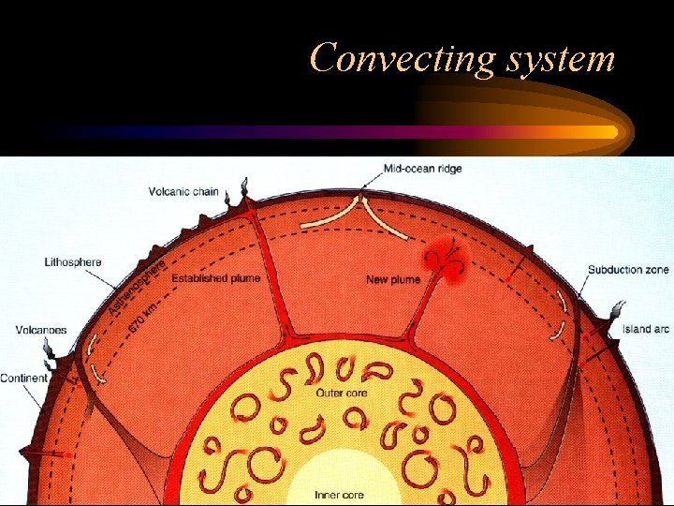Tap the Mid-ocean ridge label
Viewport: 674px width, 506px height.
[422, 169]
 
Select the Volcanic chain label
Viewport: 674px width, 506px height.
[183, 192]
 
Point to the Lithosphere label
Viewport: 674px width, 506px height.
[73, 262]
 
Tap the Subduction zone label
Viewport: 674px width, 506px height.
[628, 270]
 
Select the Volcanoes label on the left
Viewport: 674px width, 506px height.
[40, 330]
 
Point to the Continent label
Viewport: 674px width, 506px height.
[24, 379]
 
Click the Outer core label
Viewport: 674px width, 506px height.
[342, 393]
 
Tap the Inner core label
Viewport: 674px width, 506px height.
[340, 494]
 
